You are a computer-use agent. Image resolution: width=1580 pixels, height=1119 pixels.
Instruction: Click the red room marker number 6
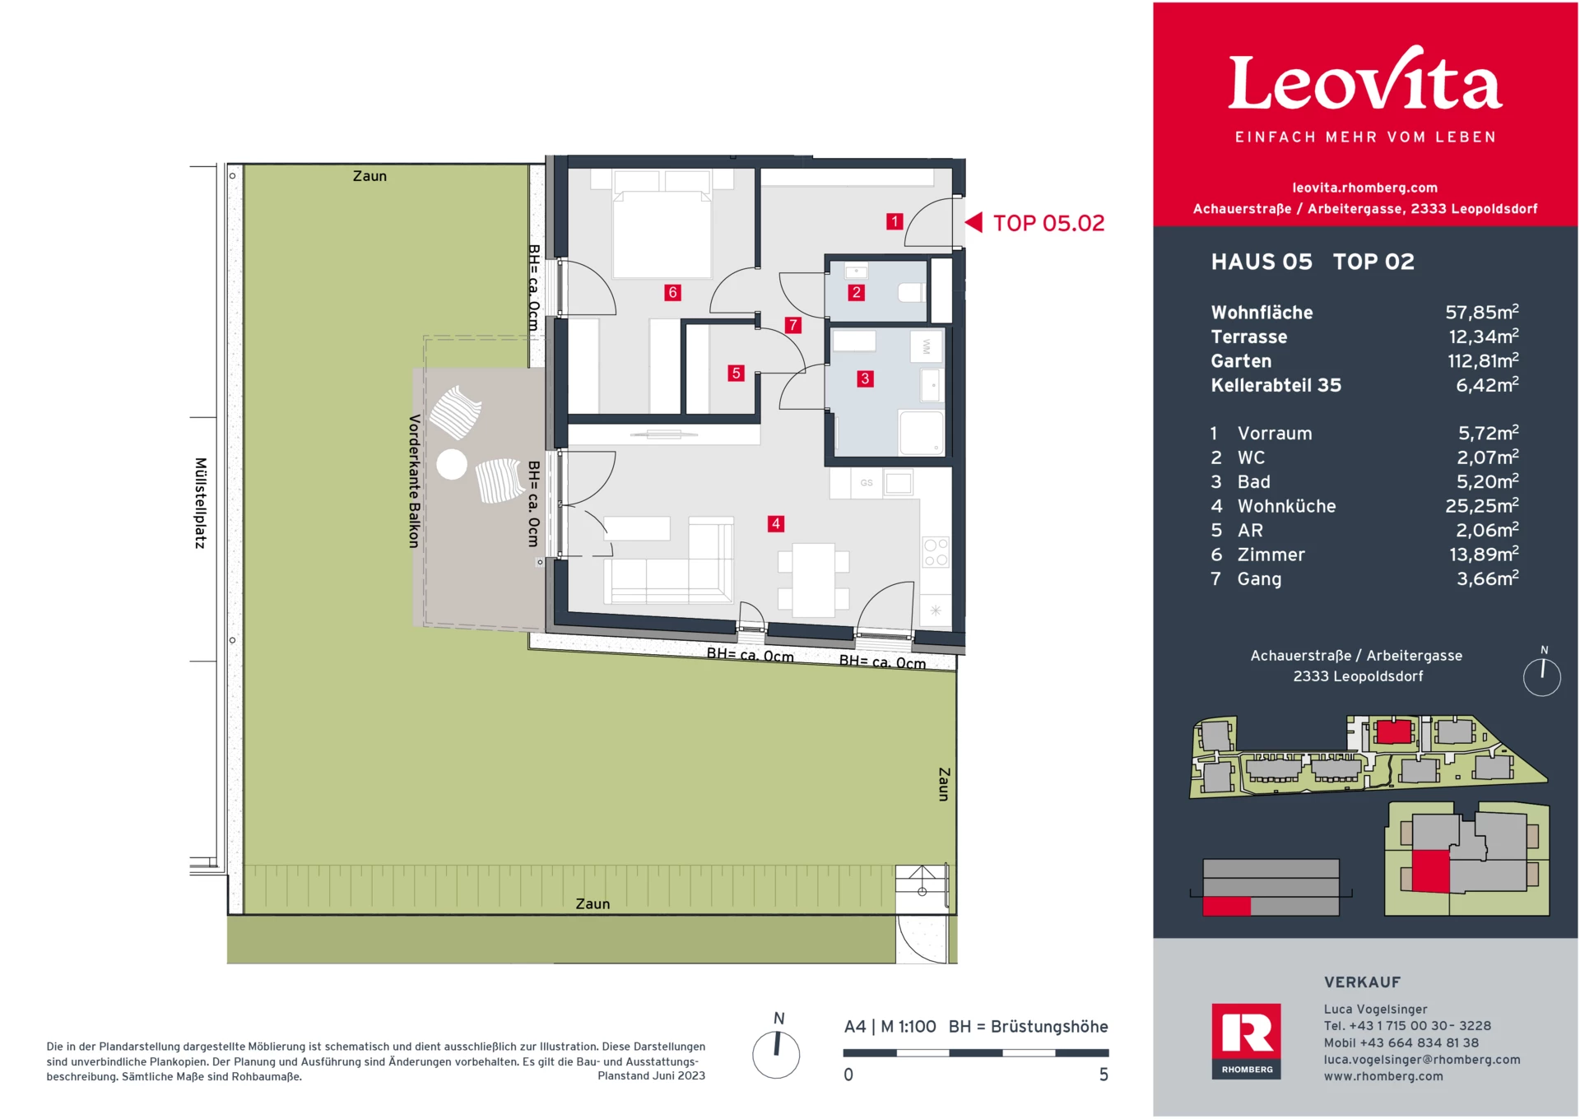672,292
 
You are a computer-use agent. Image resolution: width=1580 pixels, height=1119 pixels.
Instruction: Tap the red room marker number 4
775,523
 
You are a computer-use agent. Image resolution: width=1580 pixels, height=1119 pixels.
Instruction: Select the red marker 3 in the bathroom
864,378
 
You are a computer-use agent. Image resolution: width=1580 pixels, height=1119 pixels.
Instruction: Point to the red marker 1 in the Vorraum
895,221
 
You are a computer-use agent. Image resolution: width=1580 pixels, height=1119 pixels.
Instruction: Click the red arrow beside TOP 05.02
974,222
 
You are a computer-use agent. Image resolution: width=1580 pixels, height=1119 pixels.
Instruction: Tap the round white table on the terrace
452,464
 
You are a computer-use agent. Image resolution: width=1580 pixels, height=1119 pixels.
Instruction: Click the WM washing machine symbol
926,346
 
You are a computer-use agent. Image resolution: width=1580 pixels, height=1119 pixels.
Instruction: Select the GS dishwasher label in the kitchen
867,483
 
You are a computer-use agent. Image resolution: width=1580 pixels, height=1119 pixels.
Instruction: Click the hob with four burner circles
936,552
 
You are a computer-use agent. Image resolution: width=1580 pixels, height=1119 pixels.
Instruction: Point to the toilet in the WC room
910,292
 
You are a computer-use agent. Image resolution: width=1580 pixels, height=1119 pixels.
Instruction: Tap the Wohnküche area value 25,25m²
1481,506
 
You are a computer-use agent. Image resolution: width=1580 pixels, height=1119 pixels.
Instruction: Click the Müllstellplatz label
200,503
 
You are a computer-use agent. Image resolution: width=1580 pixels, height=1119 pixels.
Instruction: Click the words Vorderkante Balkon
414,481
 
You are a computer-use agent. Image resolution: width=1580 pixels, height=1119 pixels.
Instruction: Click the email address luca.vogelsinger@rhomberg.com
1421,1060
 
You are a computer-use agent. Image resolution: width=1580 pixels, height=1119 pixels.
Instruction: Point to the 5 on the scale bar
1104,1075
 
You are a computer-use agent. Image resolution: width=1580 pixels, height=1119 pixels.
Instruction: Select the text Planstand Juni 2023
651,1076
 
